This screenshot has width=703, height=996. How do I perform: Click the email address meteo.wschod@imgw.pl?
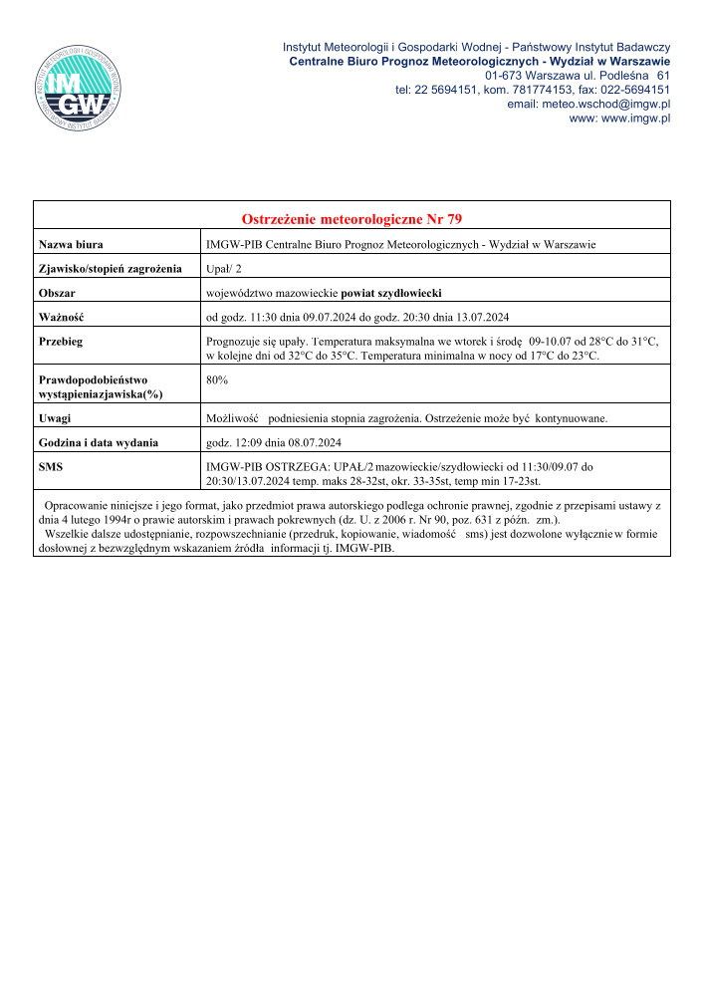588,104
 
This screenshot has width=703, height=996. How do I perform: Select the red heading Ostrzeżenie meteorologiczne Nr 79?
351,219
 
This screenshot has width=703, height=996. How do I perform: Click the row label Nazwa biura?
72,244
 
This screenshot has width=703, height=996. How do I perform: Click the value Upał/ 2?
223,269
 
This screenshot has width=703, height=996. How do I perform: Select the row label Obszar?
57,293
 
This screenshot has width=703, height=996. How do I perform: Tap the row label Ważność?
61,318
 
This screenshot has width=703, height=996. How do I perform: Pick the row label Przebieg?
61,342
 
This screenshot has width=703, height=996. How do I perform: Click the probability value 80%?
216,379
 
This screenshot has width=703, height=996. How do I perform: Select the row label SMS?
51,466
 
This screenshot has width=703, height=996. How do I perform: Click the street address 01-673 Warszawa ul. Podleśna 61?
577,75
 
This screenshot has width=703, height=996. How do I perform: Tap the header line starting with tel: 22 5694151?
532,90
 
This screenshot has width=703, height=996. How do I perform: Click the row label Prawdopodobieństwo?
92,379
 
